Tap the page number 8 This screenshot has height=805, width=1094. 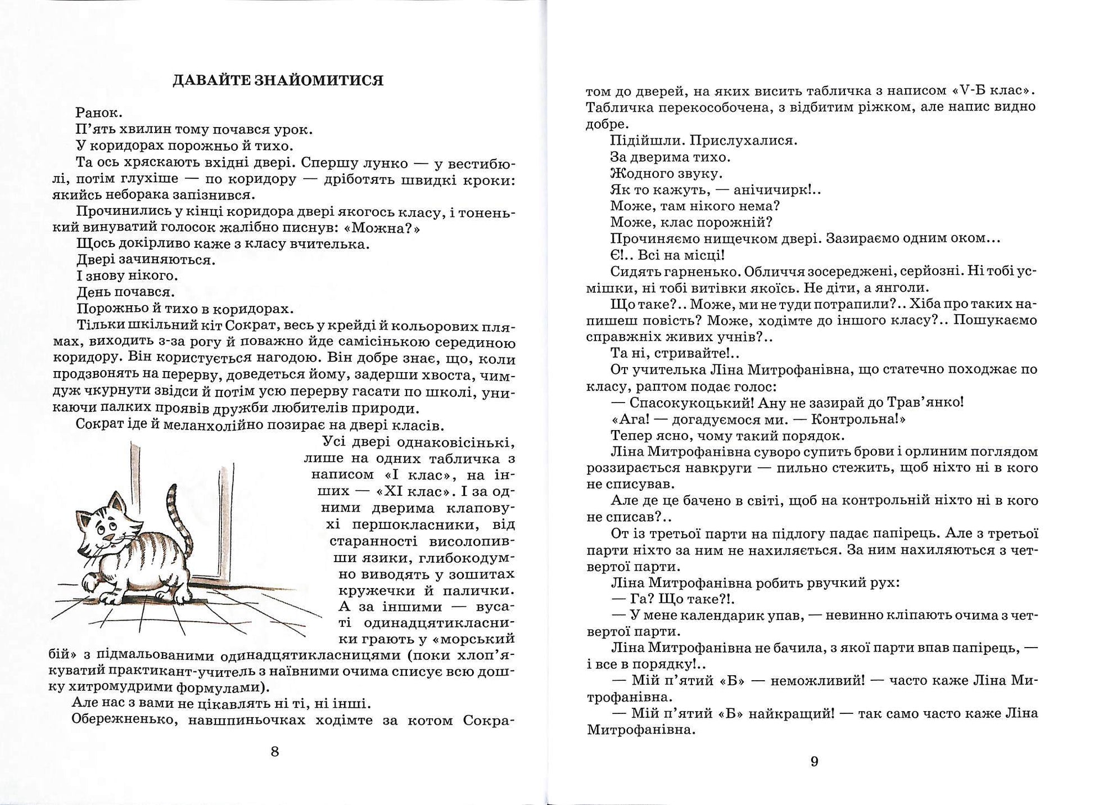tap(275, 752)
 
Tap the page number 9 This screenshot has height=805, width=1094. tap(814, 762)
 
